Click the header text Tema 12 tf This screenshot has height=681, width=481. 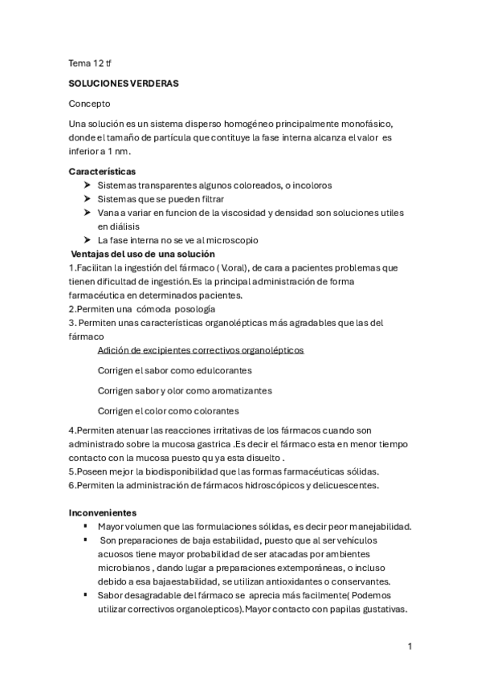tap(90, 62)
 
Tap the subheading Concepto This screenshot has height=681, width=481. tap(90, 104)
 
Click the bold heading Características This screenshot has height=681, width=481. tap(102, 171)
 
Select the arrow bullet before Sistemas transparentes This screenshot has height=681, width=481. tap(86, 185)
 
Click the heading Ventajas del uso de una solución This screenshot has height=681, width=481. tap(143, 254)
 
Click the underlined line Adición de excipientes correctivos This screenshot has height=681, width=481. tap(200, 350)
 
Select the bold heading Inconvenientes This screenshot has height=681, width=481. tap(102, 512)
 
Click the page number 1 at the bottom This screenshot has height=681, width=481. tap(410, 646)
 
